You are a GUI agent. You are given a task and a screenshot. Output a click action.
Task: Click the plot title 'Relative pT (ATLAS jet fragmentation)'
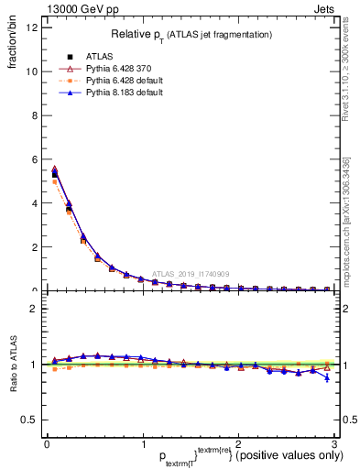(191, 35)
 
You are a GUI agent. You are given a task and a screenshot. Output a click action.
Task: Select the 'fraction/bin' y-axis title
(11, 40)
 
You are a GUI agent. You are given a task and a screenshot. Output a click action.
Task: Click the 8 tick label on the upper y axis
(33, 115)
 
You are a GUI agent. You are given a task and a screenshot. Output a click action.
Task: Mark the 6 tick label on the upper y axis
(33, 159)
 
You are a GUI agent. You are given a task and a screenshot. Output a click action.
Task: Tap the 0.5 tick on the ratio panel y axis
(28, 420)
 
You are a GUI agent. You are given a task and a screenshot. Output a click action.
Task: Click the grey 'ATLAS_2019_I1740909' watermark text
(192, 273)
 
